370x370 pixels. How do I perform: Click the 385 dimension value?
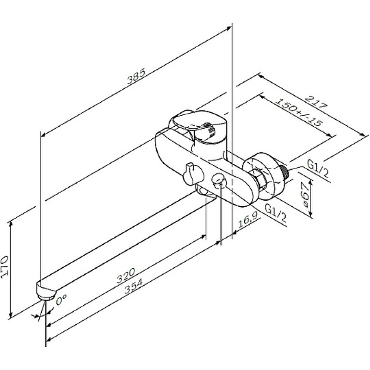[x=136, y=76]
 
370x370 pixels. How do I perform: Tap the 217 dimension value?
[x=317, y=102]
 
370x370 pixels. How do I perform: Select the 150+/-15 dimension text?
[x=299, y=112]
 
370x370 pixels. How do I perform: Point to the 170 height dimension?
[x=5, y=267]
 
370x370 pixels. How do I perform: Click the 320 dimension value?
[x=126, y=275]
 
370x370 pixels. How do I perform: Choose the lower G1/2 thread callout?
[x=276, y=213]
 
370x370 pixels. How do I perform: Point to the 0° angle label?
[x=62, y=299]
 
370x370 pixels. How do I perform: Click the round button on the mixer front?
[x=219, y=181]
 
